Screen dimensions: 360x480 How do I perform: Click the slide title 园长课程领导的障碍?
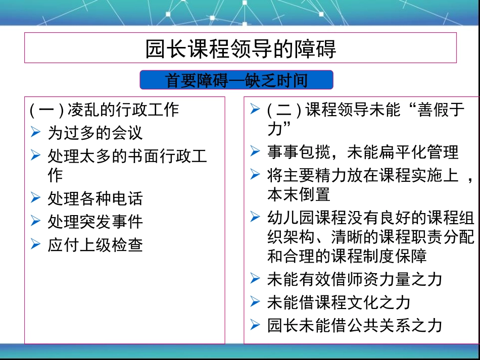pos(241,49)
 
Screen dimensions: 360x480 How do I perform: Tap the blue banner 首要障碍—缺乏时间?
pos(236,80)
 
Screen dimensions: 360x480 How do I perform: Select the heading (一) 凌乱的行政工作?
pos(104,109)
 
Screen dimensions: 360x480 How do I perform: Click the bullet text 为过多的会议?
pos(95,132)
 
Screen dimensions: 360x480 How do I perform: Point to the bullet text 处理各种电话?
pos(95,198)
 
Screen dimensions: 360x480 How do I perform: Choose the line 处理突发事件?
pos(95,221)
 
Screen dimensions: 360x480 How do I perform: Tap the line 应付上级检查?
pos(95,245)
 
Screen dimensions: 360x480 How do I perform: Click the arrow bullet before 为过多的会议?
pos(35,132)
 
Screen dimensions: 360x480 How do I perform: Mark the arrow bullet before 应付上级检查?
pos(35,245)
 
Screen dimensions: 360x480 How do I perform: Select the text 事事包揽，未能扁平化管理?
pos(363,152)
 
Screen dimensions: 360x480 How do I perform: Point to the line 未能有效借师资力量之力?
pos(355,279)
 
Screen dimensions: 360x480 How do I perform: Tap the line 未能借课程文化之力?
pos(339,302)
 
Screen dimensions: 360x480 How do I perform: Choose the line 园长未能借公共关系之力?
pos(355,325)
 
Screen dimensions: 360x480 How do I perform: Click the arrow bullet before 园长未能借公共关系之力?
pos(255,325)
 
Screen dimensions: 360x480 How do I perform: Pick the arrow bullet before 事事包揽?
pos(255,151)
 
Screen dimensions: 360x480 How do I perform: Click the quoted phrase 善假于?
pos(440,110)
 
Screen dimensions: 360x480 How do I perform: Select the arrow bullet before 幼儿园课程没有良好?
pos(255,218)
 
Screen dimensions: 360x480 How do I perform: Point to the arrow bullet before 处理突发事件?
pos(35,221)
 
